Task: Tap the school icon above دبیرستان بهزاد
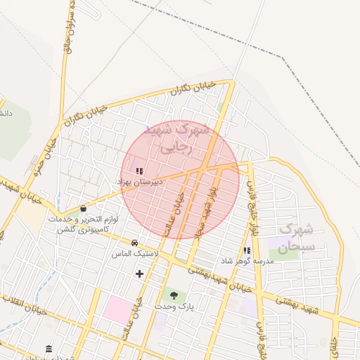(x=139, y=171)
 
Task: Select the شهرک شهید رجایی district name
(x=176, y=139)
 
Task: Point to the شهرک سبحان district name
(x=295, y=238)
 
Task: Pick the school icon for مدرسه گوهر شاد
(x=246, y=250)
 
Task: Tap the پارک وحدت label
(x=175, y=307)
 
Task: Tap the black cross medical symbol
(x=139, y=274)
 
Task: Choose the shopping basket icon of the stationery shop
(x=84, y=208)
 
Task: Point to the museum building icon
(x=49, y=349)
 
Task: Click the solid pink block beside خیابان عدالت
(x=117, y=310)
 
